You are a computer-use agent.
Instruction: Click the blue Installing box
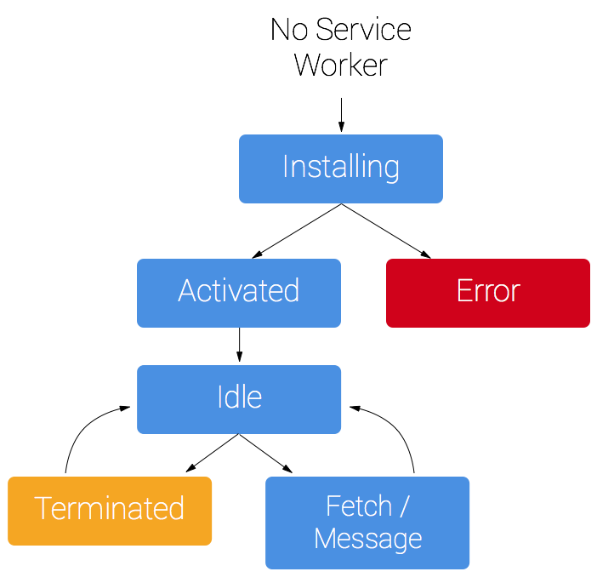pyautogui.click(x=340, y=169)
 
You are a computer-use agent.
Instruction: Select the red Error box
pyautogui.click(x=487, y=293)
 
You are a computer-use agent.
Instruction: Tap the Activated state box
pyautogui.click(x=238, y=293)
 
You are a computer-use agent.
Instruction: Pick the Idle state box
pyautogui.click(x=238, y=398)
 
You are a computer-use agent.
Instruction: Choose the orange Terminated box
pyautogui.click(x=110, y=511)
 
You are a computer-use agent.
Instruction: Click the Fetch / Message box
pyautogui.click(x=367, y=523)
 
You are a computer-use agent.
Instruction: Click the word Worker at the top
pyautogui.click(x=340, y=65)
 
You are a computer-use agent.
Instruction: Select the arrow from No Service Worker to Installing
pyautogui.click(x=341, y=114)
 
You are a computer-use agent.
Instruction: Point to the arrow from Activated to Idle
pyautogui.click(x=239, y=346)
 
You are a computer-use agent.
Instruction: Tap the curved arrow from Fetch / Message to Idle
pyautogui.click(x=400, y=430)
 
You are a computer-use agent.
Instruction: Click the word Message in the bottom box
pyautogui.click(x=367, y=538)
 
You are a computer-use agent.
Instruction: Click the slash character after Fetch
pyautogui.click(x=404, y=506)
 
